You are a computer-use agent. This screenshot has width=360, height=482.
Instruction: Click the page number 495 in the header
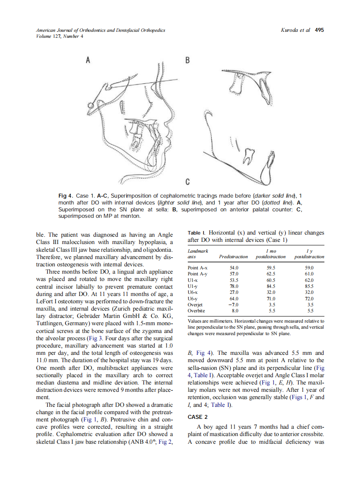[319, 30]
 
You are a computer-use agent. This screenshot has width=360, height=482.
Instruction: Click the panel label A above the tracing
[88, 60]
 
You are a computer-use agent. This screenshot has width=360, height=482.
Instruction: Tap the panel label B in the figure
[187, 60]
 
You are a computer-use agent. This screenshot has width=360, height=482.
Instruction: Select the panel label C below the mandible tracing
[187, 181]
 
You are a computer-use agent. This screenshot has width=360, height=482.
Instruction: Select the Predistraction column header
[233, 257]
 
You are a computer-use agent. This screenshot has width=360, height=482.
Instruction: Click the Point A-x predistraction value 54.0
[233, 267]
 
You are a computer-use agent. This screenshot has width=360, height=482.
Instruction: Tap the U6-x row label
[193, 292]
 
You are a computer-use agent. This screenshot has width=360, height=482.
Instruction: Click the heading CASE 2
[198, 417]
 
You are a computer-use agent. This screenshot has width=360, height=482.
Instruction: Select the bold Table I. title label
[197, 233]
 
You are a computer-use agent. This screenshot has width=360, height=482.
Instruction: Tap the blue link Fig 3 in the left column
[94, 338]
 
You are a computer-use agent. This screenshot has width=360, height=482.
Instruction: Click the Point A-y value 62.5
[271, 273]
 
